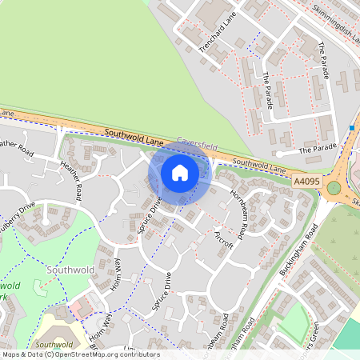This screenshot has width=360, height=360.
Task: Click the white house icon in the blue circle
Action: tap(180, 172)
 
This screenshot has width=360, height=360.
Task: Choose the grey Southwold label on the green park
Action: tap(70, 270)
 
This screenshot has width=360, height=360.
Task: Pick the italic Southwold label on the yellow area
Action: tap(54, 345)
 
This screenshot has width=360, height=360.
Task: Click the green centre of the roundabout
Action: tap(334, 188)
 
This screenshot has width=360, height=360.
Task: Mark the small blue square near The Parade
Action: tap(352, 128)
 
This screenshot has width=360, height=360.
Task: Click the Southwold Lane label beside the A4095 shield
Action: tap(259, 166)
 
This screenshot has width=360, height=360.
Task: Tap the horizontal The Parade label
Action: tap(318, 150)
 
